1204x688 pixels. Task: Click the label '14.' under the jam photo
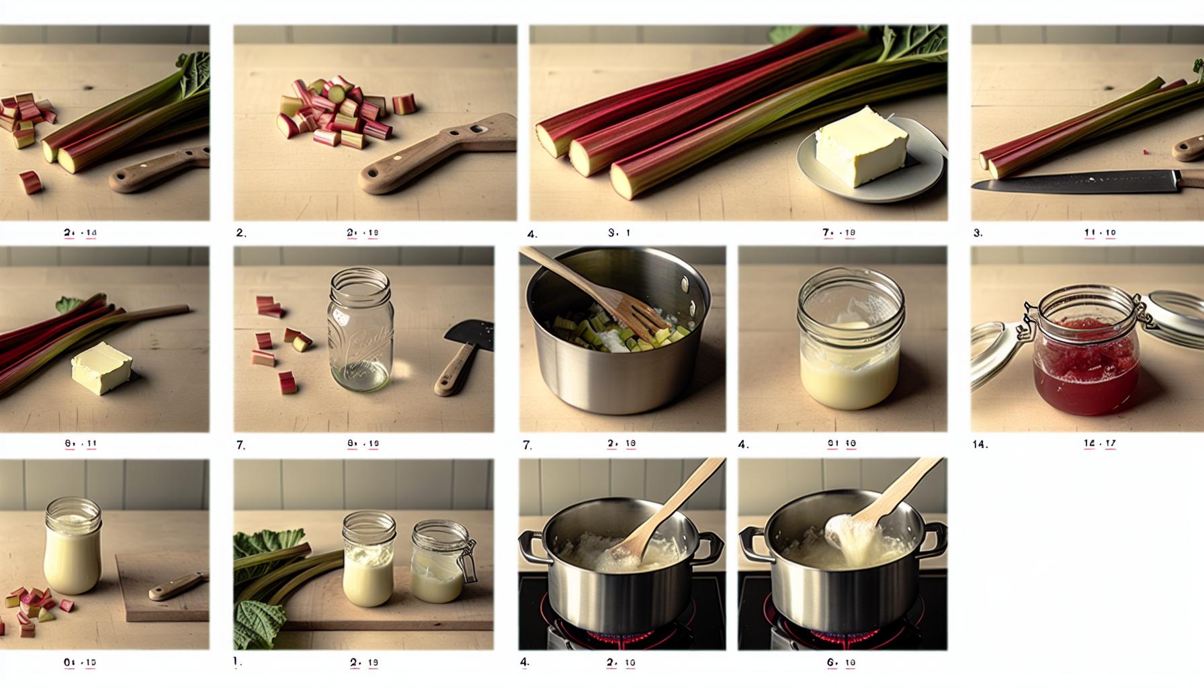click(x=980, y=444)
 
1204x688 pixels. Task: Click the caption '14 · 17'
click(x=1100, y=443)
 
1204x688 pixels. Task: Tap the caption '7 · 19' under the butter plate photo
click(x=838, y=233)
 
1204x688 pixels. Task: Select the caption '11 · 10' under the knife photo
click(x=1100, y=233)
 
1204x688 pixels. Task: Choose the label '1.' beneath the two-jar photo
click(x=237, y=662)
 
